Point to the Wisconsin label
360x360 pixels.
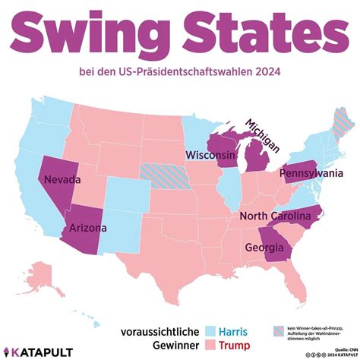pyautogui.click(x=210, y=155)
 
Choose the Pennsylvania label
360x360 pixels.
pyautogui.click(x=311, y=174)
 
